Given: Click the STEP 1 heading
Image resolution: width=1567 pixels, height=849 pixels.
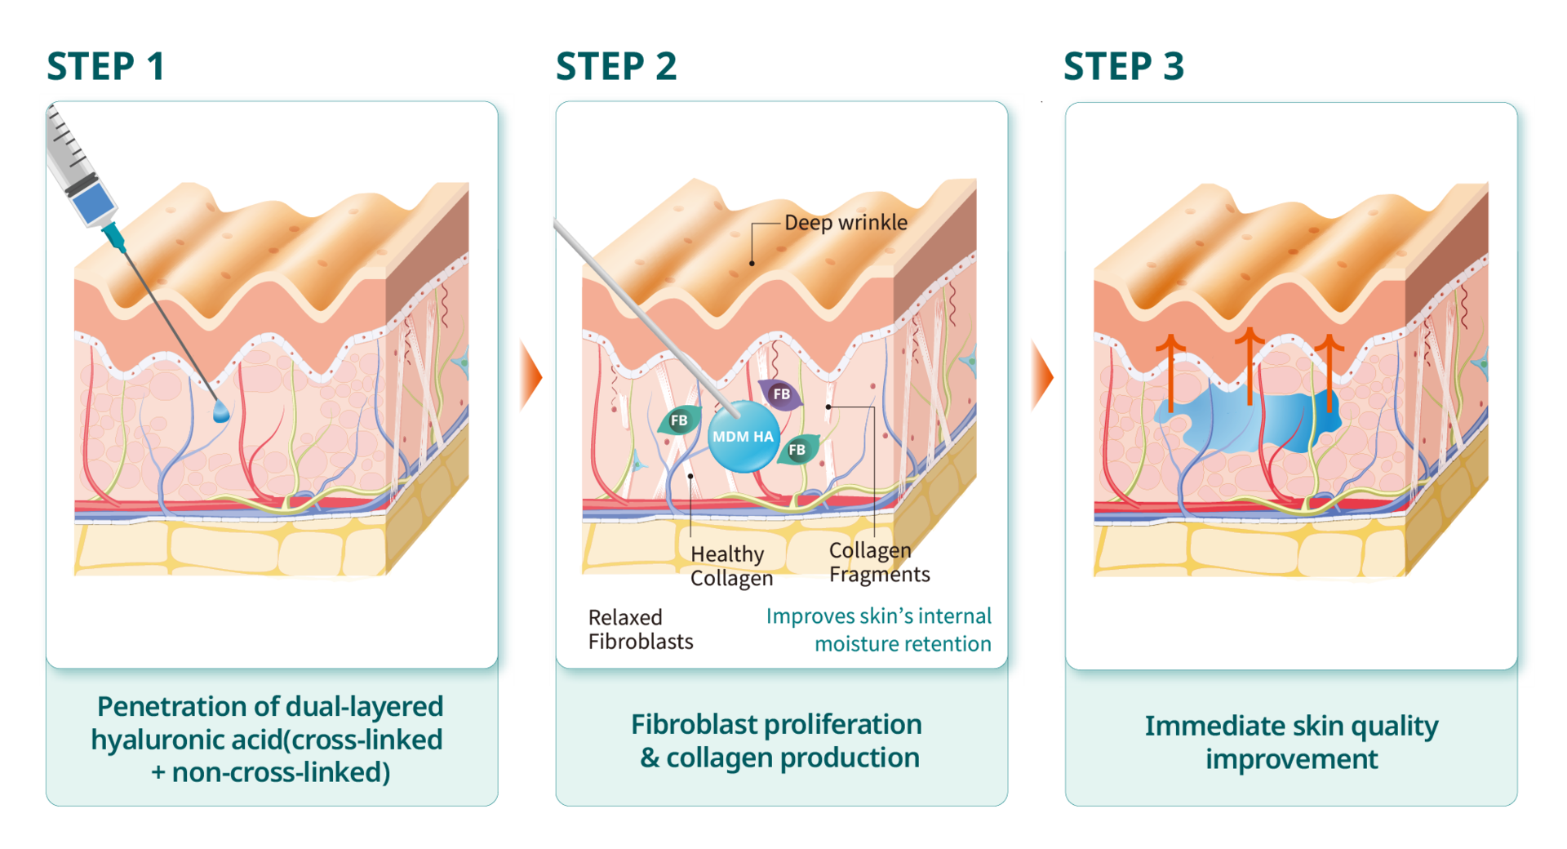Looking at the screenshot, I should pos(105,66).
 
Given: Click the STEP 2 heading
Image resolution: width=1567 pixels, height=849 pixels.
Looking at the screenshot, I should pos(615,66).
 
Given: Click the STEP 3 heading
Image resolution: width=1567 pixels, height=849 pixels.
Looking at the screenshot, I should pos(1123,66).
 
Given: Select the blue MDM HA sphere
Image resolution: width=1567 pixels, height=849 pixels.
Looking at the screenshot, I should pos(743,437).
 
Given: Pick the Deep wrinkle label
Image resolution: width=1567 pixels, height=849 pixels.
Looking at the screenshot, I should pos(846,223).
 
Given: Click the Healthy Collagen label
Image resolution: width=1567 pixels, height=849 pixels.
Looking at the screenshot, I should pos(730,566).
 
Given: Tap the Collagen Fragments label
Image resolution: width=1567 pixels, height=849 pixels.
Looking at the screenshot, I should pos(879,562).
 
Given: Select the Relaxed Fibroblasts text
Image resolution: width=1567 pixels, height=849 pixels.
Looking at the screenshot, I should pos(640,629).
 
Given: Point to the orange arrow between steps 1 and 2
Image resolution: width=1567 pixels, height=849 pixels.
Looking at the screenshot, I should pos(530,376).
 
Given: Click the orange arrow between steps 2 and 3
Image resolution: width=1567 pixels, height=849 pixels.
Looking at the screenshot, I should pos(1041,376).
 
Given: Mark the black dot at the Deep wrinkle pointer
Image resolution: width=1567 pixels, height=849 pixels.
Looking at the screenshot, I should pos(752,263).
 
